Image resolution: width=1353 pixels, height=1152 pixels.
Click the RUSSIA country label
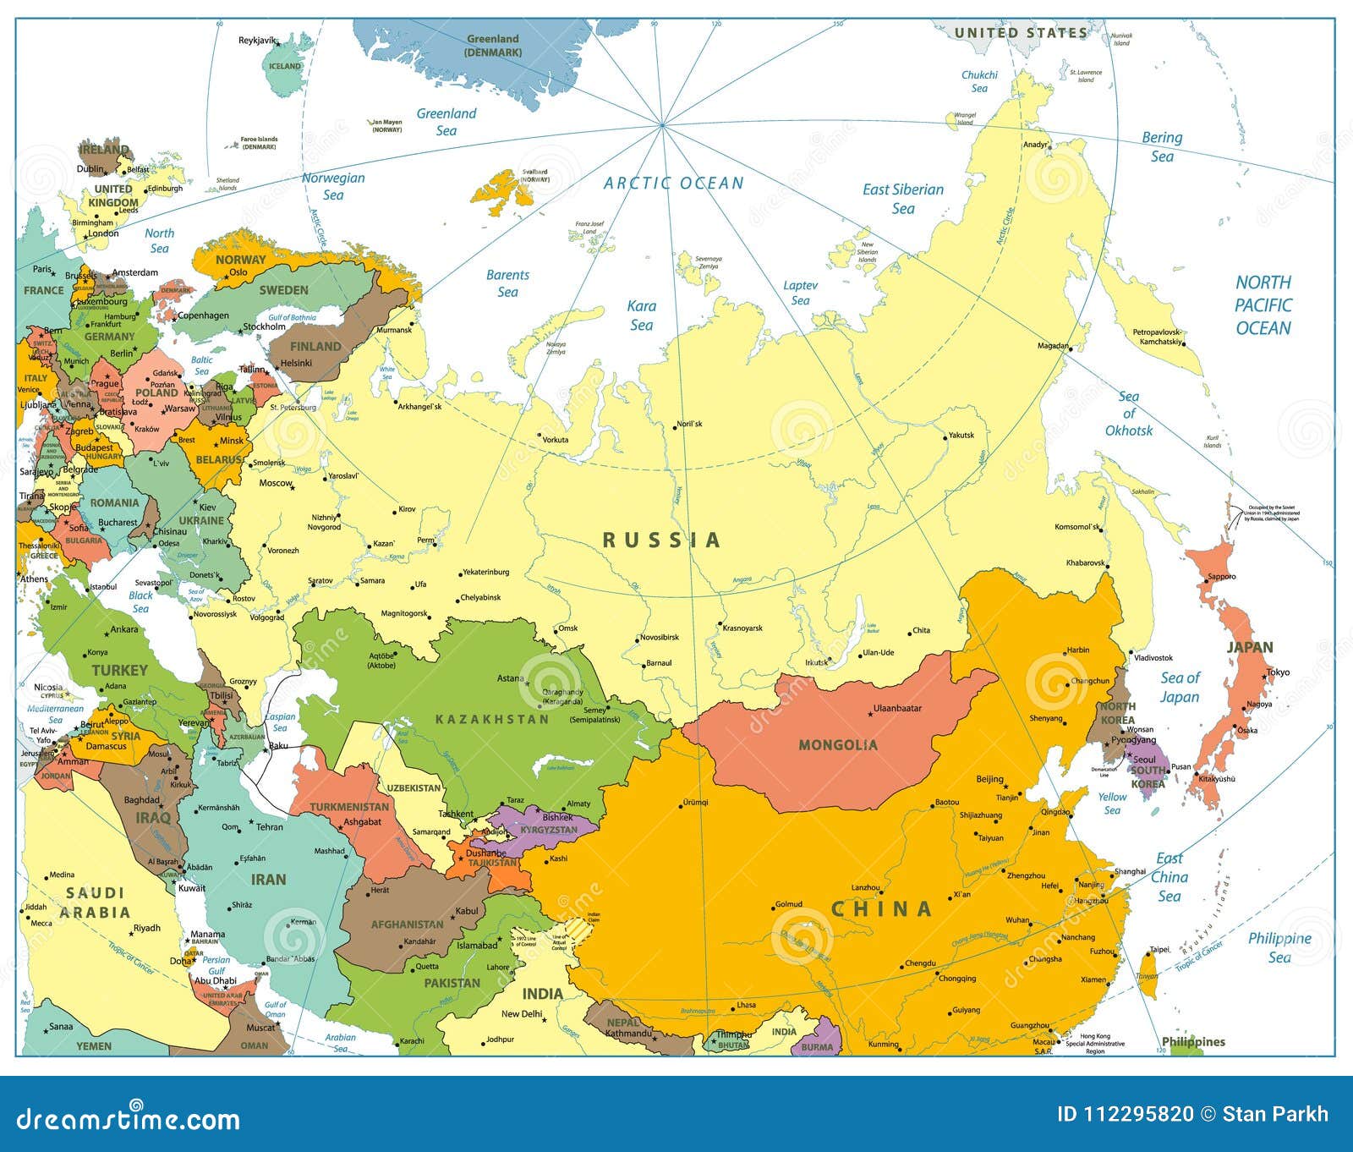coord(661,540)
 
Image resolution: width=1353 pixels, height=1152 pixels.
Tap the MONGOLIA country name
coord(838,745)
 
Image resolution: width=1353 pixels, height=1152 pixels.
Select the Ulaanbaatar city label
coord(897,708)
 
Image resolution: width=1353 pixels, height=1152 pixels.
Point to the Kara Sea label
coord(642,315)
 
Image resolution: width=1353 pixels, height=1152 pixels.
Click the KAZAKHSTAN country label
coord(492,719)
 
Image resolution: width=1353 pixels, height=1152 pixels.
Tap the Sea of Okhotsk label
coord(1129,414)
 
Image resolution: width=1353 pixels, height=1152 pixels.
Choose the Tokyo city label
coord(1279,672)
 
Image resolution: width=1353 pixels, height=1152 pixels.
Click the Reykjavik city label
coord(258,41)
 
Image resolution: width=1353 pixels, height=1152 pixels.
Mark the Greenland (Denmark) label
coord(493,45)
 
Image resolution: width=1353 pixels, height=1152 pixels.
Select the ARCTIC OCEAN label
coord(674,183)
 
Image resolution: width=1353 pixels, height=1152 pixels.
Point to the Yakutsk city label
coord(961,435)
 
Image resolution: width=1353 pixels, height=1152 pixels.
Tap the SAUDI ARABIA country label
coord(95,902)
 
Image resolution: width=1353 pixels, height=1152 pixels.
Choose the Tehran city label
coord(270,826)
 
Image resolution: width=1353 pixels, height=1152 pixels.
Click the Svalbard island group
coord(505,188)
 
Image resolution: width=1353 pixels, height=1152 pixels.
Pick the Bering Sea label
coord(1162,146)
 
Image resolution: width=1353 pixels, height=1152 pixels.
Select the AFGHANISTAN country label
coord(407,924)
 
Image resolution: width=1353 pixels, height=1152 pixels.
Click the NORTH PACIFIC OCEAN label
coord(1263,305)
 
